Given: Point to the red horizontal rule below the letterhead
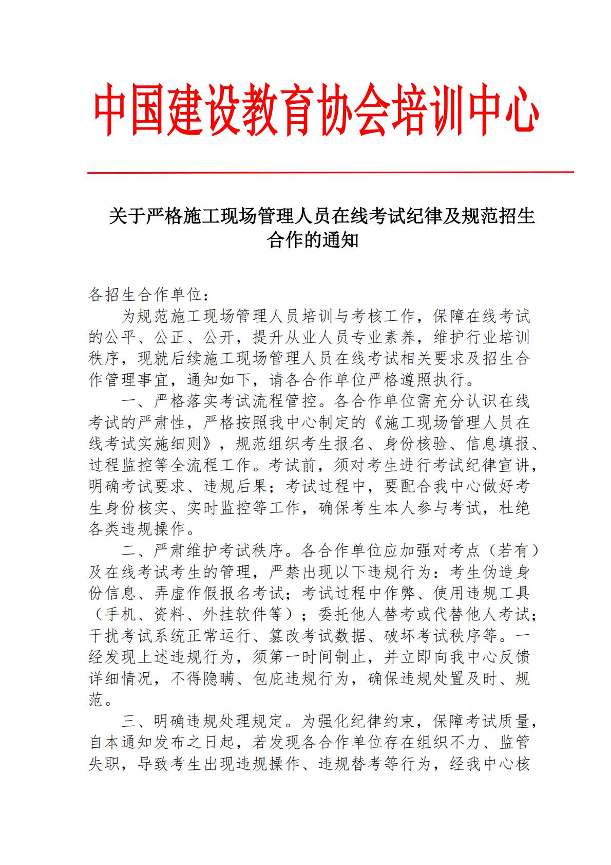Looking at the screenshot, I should (330, 173).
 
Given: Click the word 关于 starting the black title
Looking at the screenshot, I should (127, 217).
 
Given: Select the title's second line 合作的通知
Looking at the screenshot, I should (313, 241).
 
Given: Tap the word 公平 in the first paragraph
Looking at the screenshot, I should (121, 338).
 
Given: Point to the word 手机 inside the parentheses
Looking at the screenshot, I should (121, 615).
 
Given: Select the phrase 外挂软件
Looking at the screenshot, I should (236, 615).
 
